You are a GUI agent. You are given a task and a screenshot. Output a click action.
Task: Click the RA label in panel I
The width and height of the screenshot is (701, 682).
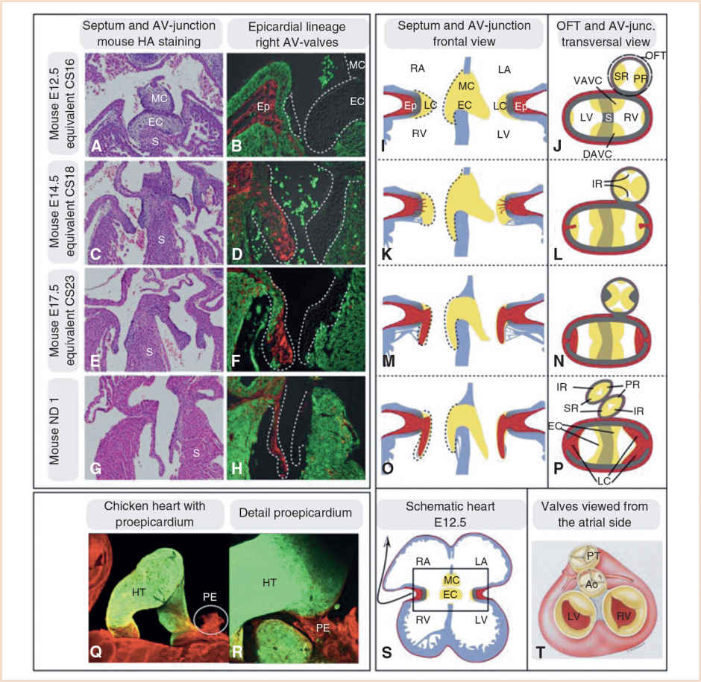[418, 69]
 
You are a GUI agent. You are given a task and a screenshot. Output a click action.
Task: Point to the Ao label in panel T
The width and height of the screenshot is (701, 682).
[590, 584]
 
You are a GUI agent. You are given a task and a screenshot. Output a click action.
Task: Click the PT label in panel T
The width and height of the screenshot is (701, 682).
[591, 555]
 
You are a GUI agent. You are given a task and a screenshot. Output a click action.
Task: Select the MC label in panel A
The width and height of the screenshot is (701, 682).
[159, 98]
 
